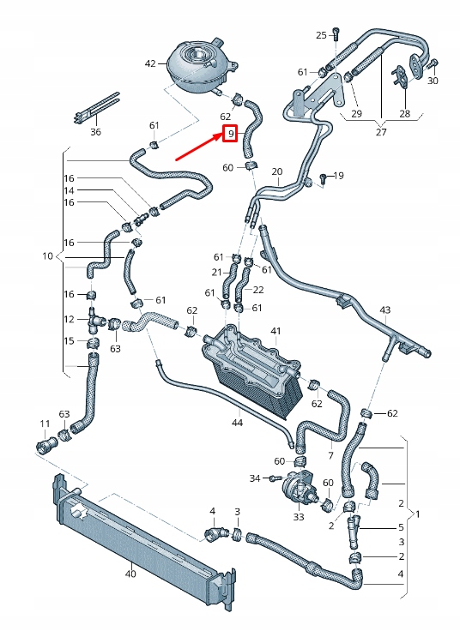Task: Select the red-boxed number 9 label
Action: (x=230, y=135)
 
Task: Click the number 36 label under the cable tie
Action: (x=95, y=132)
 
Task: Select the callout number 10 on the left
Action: (x=47, y=256)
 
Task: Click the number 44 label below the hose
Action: (x=237, y=422)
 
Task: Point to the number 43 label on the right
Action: (x=385, y=309)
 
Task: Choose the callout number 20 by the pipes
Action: (x=276, y=172)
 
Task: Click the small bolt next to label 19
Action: (x=322, y=177)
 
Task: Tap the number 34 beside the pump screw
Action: (x=254, y=478)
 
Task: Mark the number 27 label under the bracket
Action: (x=381, y=132)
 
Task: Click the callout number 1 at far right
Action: (x=418, y=514)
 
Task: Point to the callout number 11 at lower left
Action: (x=45, y=424)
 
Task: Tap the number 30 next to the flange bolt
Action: (x=433, y=81)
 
